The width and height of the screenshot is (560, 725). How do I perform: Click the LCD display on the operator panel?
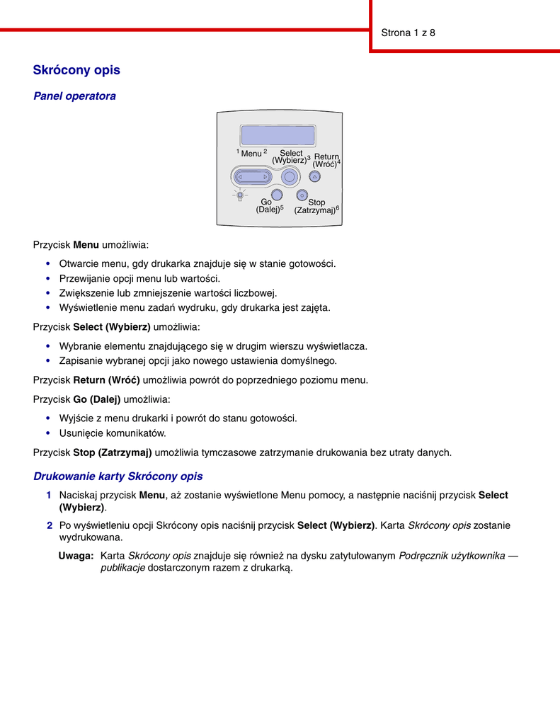(x=278, y=135)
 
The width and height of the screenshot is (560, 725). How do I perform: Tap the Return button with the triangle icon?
(x=314, y=177)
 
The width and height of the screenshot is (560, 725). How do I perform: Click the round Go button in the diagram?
(x=277, y=195)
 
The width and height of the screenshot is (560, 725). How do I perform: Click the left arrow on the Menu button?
(x=241, y=177)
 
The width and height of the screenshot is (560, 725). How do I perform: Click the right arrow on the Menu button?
(x=264, y=177)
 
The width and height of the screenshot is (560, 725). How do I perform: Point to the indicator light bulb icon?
(x=241, y=195)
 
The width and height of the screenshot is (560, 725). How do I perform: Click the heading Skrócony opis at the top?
(x=76, y=70)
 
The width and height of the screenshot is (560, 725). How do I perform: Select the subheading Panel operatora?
(x=74, y=96)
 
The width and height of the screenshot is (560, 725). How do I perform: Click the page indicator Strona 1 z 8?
(x=408, y=33)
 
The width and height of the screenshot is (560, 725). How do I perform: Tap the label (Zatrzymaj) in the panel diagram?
(x=315, y=211)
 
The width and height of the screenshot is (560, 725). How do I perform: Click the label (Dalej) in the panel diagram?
(x=268, y=209)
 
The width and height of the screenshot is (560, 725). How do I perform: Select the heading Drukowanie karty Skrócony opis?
(x=118, y=476)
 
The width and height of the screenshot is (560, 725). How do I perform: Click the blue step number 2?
(x=50, y=525)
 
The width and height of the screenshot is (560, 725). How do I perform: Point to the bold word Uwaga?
(x=76, y=556)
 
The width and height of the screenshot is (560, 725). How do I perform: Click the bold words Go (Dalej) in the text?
(x=97, y=399)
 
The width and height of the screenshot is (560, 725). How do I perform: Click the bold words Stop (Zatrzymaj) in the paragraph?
(x=113, y=452)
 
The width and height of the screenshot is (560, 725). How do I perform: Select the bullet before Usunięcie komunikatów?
(x=48, y=433)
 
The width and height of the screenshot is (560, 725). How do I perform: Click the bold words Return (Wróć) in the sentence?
(x=106, y=379)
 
